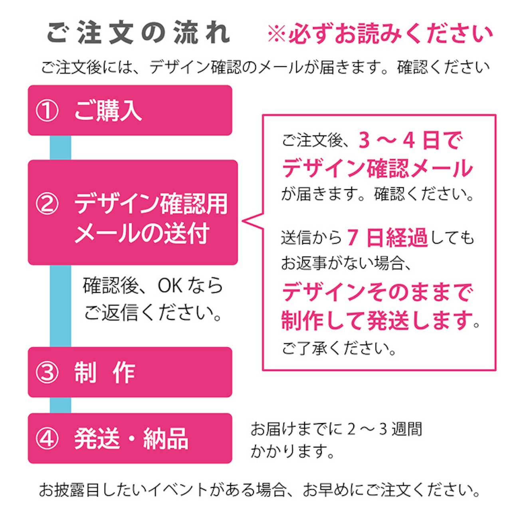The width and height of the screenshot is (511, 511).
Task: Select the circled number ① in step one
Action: [x=47, y=111]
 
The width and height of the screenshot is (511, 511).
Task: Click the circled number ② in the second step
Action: [x=47, y=204]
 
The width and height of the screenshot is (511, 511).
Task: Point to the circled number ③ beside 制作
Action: [x=47, y=372]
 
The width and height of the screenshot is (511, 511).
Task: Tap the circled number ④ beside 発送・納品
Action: [x=47, y=438]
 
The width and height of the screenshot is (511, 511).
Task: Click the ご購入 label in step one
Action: [x=108, y=111]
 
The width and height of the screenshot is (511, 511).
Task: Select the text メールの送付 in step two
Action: [x=142, y=233]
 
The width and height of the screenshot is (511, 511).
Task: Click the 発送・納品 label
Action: [x=131, y=438]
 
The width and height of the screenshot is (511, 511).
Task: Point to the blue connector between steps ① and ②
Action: [x=60, y=148]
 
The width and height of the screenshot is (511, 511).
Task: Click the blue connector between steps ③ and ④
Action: [x=60, y=405]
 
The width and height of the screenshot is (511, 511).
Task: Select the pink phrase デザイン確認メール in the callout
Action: [x=377, y=168]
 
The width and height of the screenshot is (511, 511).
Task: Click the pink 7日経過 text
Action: [x=387, y=238]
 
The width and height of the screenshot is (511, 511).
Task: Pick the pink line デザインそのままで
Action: [x=377, y=292]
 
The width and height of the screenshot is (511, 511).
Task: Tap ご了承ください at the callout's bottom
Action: [x=339, y=348]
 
